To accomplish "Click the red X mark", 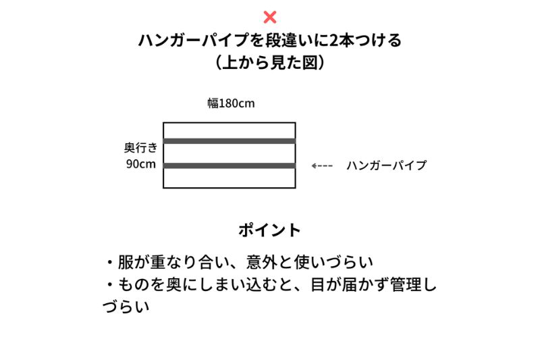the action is [269, 18].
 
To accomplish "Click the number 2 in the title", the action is [333, 41].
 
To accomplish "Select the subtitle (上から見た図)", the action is [269, 63].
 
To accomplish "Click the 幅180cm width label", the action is [231, 103].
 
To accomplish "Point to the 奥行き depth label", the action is [141, 148].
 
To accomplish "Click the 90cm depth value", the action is [141, 164].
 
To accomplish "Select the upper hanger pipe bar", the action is [230, 141].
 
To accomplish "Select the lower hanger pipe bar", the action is [230, 165].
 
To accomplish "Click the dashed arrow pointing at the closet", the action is [322, 165].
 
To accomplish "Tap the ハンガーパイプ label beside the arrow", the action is [386, 165].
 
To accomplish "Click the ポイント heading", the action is [269, 230].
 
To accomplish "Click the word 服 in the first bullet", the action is [126, 262].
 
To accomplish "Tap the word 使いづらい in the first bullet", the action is [333, 262].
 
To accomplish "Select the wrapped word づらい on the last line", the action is [126, 307].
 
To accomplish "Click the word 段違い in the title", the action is [290, 41].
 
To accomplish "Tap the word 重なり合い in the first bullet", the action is [190, 262].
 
